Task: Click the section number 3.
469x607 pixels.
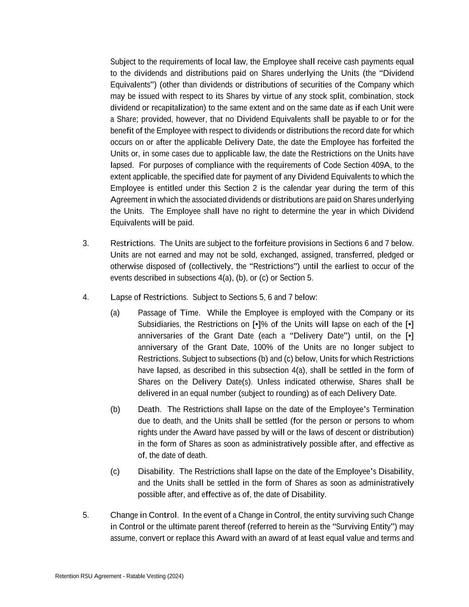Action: [86, 243]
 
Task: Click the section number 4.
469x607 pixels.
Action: [86, 297]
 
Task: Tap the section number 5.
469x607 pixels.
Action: [86, 515]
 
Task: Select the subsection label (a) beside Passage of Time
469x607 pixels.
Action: [115, 313]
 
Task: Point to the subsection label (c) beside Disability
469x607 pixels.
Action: [115, 471]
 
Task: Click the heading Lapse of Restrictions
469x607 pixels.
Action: [149, 297]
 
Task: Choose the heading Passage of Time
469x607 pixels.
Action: [168, 313]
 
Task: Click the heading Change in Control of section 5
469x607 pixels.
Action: [144, 515]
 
